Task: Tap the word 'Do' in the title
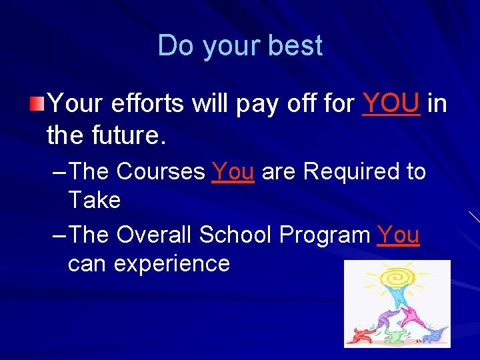(176, 46)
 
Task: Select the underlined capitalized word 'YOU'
(391, 103)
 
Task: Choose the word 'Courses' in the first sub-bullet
(161, 172)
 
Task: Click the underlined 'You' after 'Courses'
(233, 172)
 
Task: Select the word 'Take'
(94, 199)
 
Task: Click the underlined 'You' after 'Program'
(398, 235)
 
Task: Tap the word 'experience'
(171, 264)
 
